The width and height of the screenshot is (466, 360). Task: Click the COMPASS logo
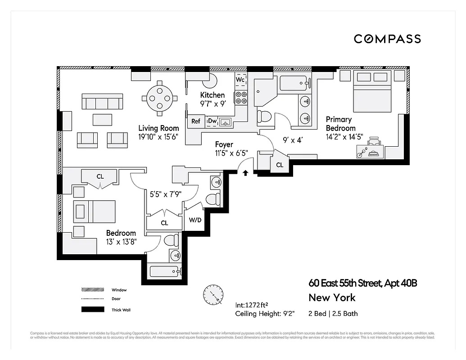coord(387,39)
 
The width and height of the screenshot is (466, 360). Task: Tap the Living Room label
coord(158,128)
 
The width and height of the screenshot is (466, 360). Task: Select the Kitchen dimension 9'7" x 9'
coord(213,103)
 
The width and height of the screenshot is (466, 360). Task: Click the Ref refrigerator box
coord(196,121)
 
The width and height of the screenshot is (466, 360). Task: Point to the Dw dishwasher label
coord(212,121)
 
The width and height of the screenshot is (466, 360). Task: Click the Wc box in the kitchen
coord(240,80)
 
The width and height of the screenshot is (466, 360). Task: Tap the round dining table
coord(159,96)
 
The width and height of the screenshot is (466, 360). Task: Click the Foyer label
coord(224,144)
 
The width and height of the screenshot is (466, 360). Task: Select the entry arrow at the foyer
coord(245,172)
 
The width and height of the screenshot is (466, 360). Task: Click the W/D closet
coord(195,220)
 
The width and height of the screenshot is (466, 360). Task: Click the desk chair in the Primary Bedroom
coord(374,144)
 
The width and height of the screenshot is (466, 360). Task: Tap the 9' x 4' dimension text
coord(292,140)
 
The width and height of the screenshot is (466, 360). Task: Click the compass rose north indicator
coord(213,295)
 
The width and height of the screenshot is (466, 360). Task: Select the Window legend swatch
coord(92,290)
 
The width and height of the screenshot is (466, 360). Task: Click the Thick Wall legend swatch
coord(92,310)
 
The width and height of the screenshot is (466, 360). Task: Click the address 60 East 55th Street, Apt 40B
coord(363,283)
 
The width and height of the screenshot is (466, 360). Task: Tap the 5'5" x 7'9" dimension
coord(164,195)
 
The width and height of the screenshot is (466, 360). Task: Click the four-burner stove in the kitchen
coord(241,98)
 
